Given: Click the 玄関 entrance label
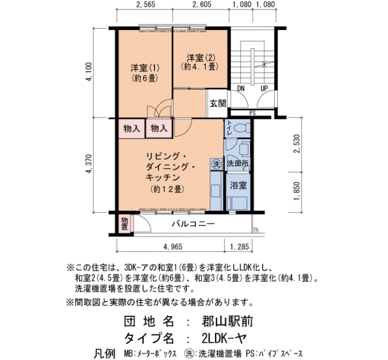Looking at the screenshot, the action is [x=218, y=104].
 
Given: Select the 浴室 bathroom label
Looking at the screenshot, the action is [x=238, y=185].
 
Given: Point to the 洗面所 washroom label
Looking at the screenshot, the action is [x=238, y=163].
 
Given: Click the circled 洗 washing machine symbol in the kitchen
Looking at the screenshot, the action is [x=217, y=164].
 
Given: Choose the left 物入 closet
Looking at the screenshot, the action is [x=131, y=128].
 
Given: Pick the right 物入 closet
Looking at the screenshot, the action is [x=159, y=128].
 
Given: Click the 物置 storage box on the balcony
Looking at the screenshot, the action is [x=125, y=223].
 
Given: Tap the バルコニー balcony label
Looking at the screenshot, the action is [x=193, y=224].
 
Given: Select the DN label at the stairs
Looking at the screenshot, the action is [x=241, y=88].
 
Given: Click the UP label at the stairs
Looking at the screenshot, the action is [x=264, y=88].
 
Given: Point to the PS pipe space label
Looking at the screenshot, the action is [x=252, y=113].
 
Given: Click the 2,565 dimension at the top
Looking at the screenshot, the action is [x=145, y=4].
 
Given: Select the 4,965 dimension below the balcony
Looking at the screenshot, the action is [x=173, y=246].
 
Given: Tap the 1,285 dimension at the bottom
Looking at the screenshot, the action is [x=239, y=246].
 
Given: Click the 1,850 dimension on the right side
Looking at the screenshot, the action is [x=297, y=191].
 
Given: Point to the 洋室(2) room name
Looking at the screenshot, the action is [x=201, y=58].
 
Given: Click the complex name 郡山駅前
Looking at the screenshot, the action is [x=227, y=321].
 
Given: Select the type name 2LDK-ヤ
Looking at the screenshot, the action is [x=224, y=338].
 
